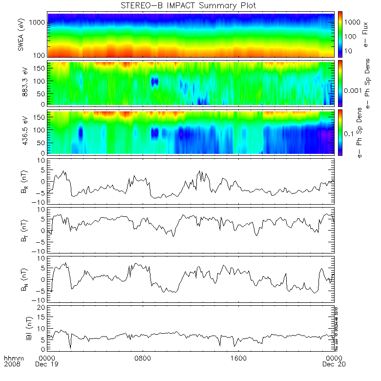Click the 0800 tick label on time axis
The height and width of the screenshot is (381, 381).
[143, 358]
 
